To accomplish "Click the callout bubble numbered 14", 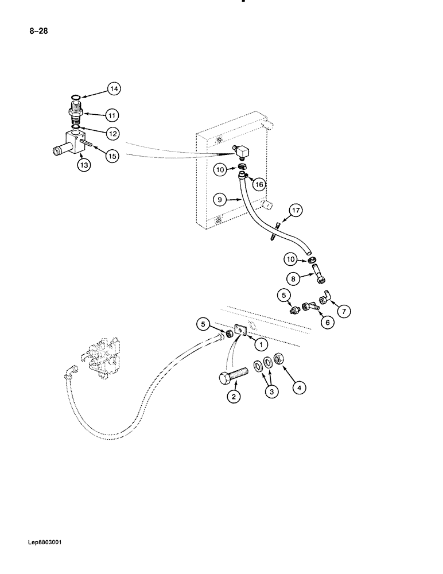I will coord(114,89).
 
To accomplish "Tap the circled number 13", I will coord(84,165).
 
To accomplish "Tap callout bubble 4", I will coord(298,387).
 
